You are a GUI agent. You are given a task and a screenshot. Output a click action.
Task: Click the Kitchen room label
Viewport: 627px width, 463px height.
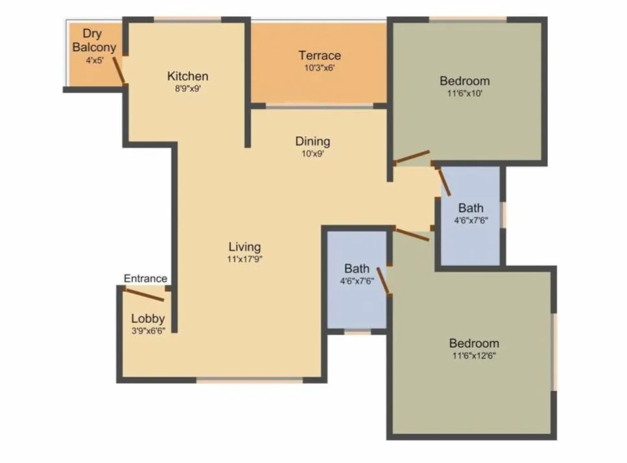point(187,77)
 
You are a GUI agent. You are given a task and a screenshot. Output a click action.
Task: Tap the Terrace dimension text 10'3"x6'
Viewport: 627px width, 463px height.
point(320,67)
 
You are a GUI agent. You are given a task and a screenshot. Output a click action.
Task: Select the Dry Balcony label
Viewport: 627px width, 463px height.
point(94,40)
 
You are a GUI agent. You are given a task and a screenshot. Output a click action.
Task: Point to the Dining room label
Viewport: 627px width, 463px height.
point(313,141)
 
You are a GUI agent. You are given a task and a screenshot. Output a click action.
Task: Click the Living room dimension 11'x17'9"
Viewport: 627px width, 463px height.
point(244,259)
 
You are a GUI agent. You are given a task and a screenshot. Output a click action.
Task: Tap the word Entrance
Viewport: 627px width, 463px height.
point(145,279)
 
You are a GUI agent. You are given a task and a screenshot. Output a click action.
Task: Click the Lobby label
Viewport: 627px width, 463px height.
point(148,319)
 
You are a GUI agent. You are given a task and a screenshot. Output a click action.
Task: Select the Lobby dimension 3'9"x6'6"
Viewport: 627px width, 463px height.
point(148,331)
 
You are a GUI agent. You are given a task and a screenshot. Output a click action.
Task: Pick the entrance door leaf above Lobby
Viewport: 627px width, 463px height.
point(144,294)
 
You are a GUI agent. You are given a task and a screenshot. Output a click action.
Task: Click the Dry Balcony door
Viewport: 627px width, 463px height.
point(119,70)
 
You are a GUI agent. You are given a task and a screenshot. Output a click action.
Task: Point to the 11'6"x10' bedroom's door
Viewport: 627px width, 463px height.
point(412,157)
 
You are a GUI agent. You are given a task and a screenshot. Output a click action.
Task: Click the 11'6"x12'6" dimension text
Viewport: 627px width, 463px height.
point(475,355)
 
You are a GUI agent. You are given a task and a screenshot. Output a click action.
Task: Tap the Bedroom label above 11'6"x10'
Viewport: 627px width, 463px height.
point(464,81)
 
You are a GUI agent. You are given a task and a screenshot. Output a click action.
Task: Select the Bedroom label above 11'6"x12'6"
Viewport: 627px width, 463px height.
point(475,344)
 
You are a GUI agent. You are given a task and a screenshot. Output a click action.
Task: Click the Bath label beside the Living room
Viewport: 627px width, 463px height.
point(357,268)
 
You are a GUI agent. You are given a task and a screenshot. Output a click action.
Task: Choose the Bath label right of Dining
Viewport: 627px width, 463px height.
point(471,208)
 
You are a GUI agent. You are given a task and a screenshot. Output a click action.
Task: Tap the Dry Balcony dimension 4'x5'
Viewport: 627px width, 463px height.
point(95,60)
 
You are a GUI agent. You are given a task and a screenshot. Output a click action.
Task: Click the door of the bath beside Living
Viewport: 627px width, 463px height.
point(383,281)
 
